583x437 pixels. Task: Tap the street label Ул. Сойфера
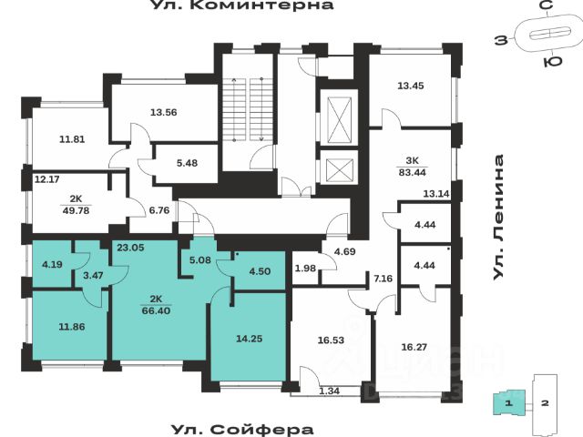(x=242, y=429)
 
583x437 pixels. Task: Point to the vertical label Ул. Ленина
(x=499, y=218)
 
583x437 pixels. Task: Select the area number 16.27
(x=414, y=346)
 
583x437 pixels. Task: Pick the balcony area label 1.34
(x=329, y=391)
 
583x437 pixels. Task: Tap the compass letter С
(x=546, y=7)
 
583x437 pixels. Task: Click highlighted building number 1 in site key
(x=509, y=401)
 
